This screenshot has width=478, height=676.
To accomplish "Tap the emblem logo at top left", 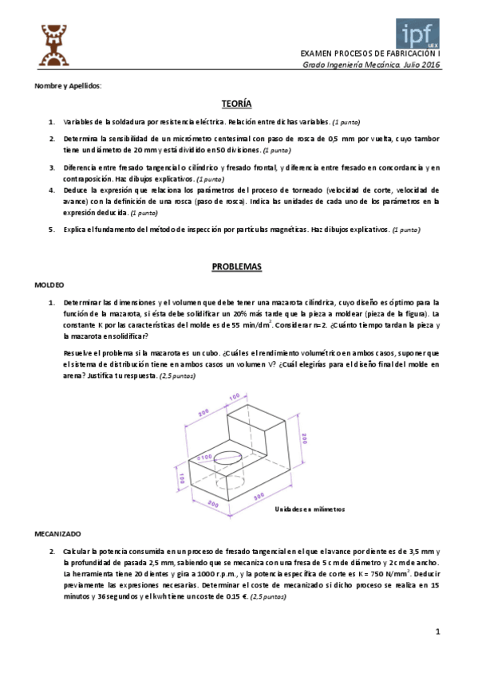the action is [x=51, y=45].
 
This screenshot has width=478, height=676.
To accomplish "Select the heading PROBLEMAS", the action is [x=237, y=266].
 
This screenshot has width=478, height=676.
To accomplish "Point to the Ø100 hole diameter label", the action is [x=206, y=458].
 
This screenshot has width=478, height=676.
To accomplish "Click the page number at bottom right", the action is [x=438, y=632].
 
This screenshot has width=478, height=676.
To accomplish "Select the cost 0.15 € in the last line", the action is [x=234, y=596].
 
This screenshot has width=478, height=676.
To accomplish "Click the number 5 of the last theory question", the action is [x=51, y=230].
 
